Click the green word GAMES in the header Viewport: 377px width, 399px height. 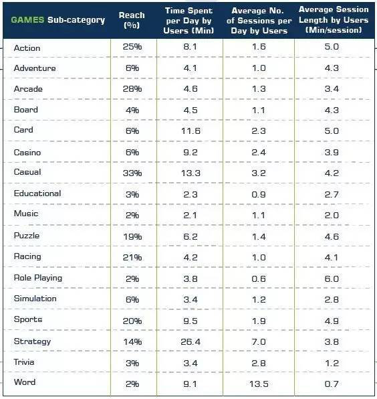(27, 20)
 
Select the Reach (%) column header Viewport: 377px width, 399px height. (132, 20)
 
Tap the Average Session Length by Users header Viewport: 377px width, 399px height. (334, 20)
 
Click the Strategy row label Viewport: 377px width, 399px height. (32, 341)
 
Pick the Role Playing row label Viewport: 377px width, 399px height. (38, 278)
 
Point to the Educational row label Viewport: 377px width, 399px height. (37, 193)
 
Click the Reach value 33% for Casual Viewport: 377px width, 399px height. (132, 173)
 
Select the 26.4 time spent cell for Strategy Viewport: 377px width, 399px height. (191, 341)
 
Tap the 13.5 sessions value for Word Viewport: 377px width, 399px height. (259, 384)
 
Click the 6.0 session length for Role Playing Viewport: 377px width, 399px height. (332, 279)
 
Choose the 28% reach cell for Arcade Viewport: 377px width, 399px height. (132, 89)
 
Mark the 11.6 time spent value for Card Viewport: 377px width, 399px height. (191, 131)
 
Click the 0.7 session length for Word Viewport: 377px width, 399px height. (332, 384)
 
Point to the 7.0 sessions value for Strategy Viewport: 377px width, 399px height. (259, 341)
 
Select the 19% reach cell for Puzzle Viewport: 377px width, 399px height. (132, 236)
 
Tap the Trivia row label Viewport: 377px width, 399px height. (24, 362)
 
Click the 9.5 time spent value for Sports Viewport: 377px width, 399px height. (191, 321)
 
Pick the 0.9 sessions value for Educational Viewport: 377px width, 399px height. (259, 195)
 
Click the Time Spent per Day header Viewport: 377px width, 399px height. (188, 21)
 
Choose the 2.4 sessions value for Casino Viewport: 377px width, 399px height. (259, 153)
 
